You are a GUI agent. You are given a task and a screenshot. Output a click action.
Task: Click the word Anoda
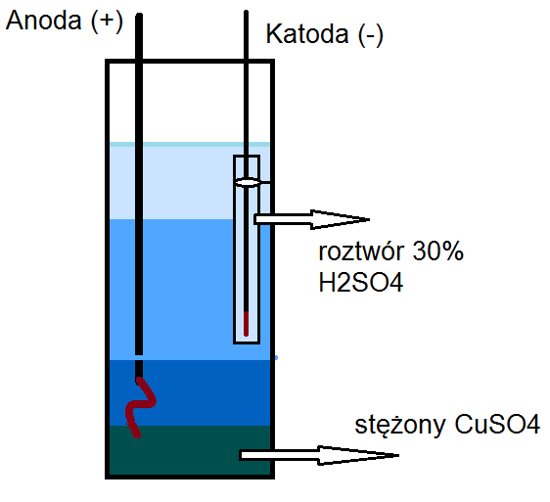pos(44,21)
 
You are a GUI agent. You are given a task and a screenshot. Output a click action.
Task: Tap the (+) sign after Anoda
pos(107,22)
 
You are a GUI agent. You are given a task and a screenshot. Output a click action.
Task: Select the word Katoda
pos(307,34)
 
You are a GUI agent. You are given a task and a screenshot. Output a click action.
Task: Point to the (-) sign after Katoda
pos(370,35)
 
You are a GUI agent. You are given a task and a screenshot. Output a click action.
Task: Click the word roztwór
pos(361,251)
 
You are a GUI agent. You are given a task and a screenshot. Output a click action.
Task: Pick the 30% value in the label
pos(437,251)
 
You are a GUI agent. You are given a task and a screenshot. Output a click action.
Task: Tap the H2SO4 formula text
pos(361,283)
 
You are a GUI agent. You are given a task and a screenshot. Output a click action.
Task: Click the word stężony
pos(400,426)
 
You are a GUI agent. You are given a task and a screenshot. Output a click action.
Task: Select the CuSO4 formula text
pos(497,424)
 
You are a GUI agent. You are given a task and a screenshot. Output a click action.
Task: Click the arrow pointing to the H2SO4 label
pos(311,219)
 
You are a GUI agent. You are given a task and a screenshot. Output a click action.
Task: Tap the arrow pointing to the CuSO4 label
pos(319,455)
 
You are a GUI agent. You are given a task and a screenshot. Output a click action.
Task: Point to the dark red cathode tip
pos(246,324)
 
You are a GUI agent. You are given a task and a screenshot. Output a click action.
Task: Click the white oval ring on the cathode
pos(248,182)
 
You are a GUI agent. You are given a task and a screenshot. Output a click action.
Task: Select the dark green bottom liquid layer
pos(190,450)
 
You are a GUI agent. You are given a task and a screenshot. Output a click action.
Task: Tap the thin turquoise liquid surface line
pos(190,145)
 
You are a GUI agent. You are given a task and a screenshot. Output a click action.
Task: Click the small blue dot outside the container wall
pos(276,358)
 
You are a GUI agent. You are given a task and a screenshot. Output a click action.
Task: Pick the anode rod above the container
pos(139,37)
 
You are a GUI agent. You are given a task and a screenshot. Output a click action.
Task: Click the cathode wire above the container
pos(246,35)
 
